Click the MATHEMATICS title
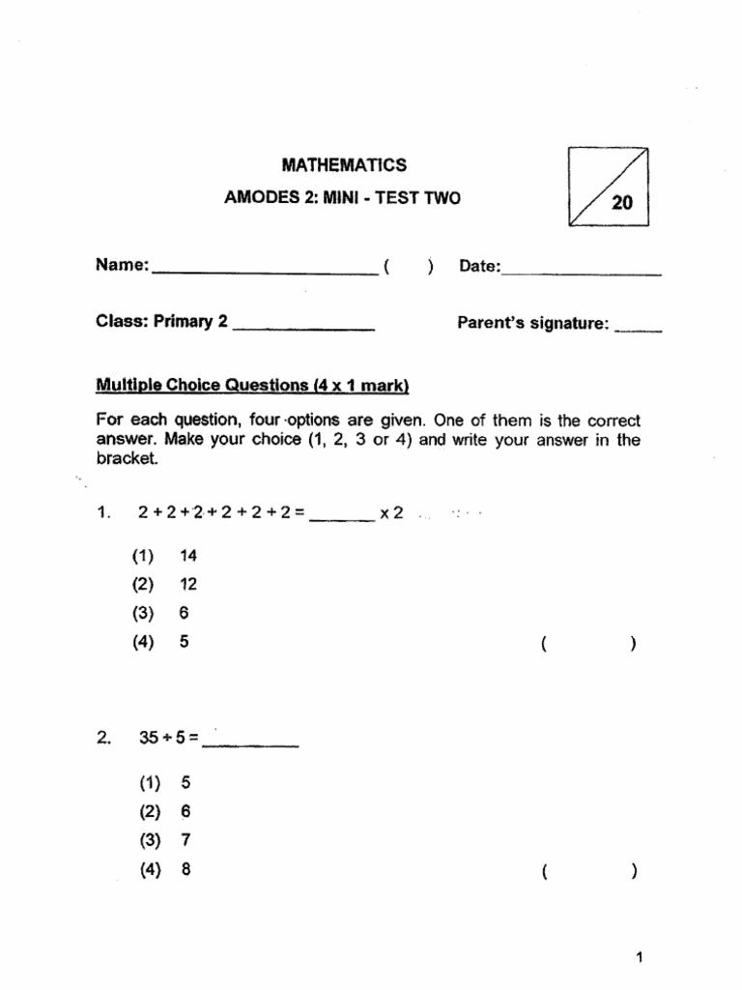coord(343,165)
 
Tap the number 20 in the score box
coord(621,203)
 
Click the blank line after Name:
coord(265,273)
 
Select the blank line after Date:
coord(582,274)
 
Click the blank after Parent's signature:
coord(638,330)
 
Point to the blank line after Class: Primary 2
coord(303,330)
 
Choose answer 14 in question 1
coord(187,556)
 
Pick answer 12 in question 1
coord(187,584)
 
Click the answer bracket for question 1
coord(588,643)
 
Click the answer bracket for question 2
coord(588,871)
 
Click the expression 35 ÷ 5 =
coord(168,738)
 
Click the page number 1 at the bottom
coord(639,958)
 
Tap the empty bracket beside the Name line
coord(407,266)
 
